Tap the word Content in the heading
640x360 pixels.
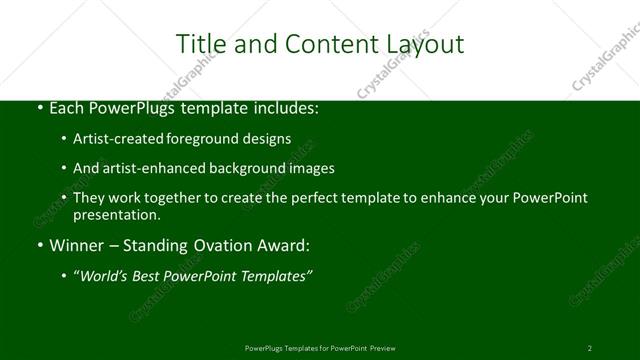[322, 44]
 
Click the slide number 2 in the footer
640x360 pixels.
[590, 348]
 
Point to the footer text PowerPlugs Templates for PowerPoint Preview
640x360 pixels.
[320, 348]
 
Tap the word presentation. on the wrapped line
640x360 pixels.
[116, 214]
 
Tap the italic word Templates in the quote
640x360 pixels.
[277, 276]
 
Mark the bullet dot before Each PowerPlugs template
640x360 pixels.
[38, 106]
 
